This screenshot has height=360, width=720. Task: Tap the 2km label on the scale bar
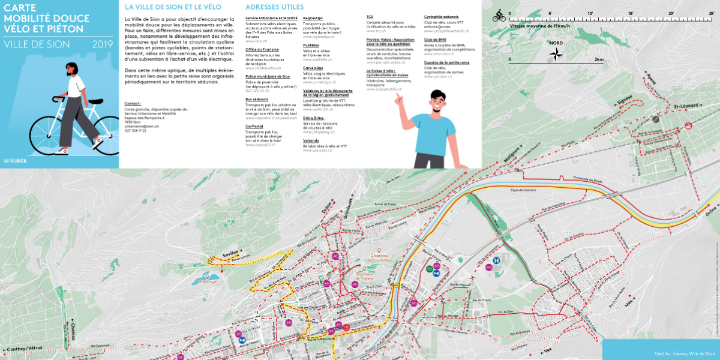[x=599, y=60]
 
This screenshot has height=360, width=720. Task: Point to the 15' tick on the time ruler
[x=631, y=13]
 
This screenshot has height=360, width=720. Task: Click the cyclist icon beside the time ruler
[x=499, y=17]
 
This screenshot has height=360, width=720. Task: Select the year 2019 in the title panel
[x=103, y=44]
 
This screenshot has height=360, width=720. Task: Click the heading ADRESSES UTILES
[x=274, y=7]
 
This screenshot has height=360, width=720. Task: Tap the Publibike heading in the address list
[x=311, y=45]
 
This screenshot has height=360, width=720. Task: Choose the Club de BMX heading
[x=435, y=39]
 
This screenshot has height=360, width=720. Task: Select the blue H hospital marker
[x=496, y=260]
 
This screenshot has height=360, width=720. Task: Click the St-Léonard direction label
[x=686, y=106]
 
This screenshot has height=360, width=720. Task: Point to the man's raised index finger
[x=397, y=96]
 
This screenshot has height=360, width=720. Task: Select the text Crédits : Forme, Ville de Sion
[x=684, y=353]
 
